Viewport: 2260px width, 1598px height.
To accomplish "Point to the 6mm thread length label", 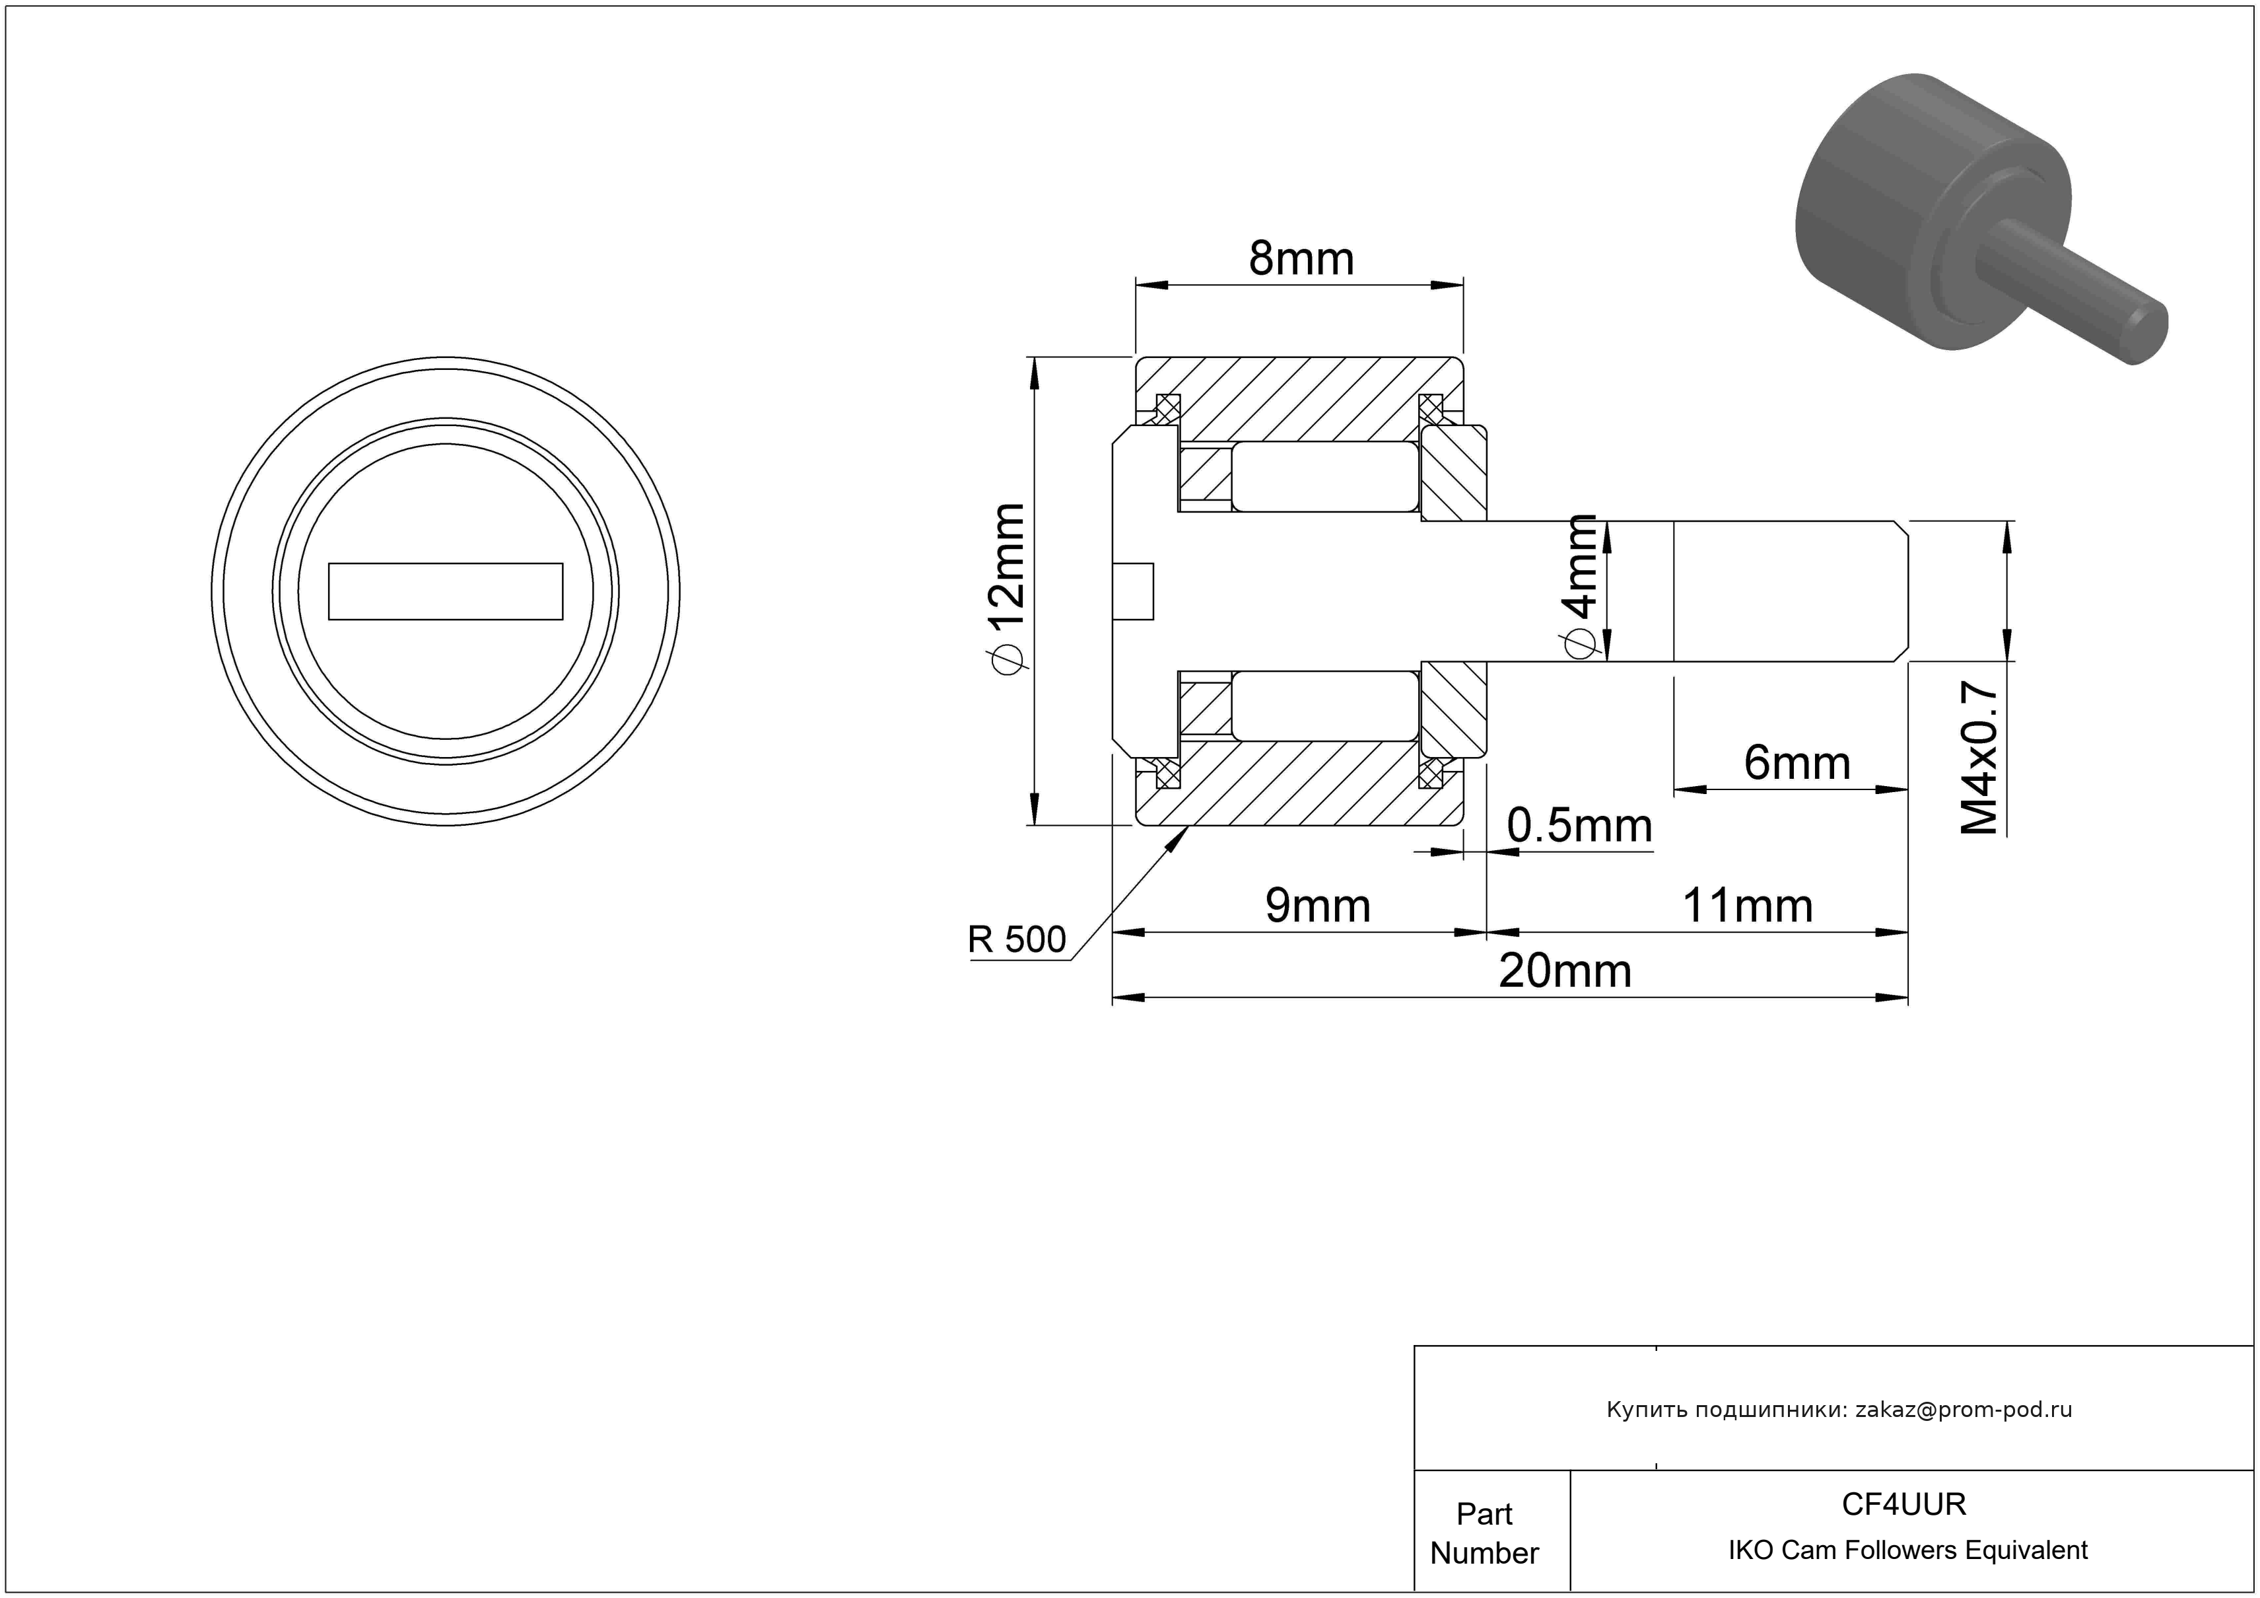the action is coord(1797,763).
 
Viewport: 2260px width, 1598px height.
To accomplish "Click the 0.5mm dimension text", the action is coord(1579,825).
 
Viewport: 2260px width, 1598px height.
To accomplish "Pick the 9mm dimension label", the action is coord(1317,906).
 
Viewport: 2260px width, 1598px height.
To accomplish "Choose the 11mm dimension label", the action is coord(1746,906).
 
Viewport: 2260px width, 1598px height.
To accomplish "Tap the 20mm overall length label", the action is coord(1565,971).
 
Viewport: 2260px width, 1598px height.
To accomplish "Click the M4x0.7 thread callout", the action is coord(1979,758).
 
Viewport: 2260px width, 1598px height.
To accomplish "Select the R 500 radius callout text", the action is coord(1016,939).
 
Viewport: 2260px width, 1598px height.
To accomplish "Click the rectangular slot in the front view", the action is coord(445,592).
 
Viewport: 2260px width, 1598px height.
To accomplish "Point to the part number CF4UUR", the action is coord(1903,1504).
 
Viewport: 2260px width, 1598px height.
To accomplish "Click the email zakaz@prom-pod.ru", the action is coord(1964,1409).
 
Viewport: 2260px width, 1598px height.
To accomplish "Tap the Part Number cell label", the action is coord(1484,1533).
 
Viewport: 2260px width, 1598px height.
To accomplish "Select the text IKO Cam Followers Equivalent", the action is coord(1907,1550).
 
